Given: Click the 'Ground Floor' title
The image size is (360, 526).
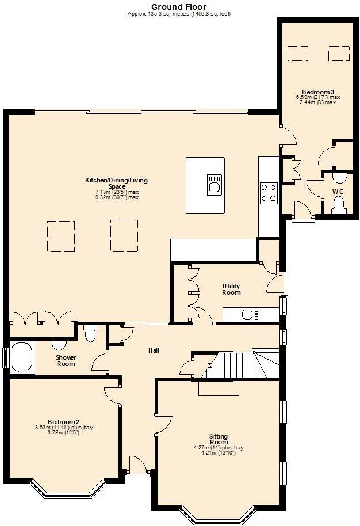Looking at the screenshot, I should tap(179, 6).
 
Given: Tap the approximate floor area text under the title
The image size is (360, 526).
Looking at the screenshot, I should tap(179, 13).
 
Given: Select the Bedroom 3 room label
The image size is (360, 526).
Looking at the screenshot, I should tap(315, 92).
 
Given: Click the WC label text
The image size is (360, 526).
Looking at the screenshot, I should tap(338, 192).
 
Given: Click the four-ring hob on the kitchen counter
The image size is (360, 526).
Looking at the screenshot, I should tap(269, 193).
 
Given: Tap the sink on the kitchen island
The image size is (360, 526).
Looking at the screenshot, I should tap(214, 185).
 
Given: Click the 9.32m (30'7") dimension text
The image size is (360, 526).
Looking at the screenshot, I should tap(117, 197).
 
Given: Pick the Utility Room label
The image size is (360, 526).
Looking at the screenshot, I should tap(231, 289).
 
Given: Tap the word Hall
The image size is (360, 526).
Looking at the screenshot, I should tap(154, 350).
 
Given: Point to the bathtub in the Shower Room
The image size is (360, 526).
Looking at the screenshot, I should tap(21, 357).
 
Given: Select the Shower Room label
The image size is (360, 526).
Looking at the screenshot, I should tap(66, 360).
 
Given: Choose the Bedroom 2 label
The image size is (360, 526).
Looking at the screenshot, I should tap(63, 422).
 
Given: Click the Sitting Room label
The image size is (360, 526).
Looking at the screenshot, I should tap(219, 439).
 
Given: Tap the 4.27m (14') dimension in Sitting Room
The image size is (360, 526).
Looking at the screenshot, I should tap(219, 447).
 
